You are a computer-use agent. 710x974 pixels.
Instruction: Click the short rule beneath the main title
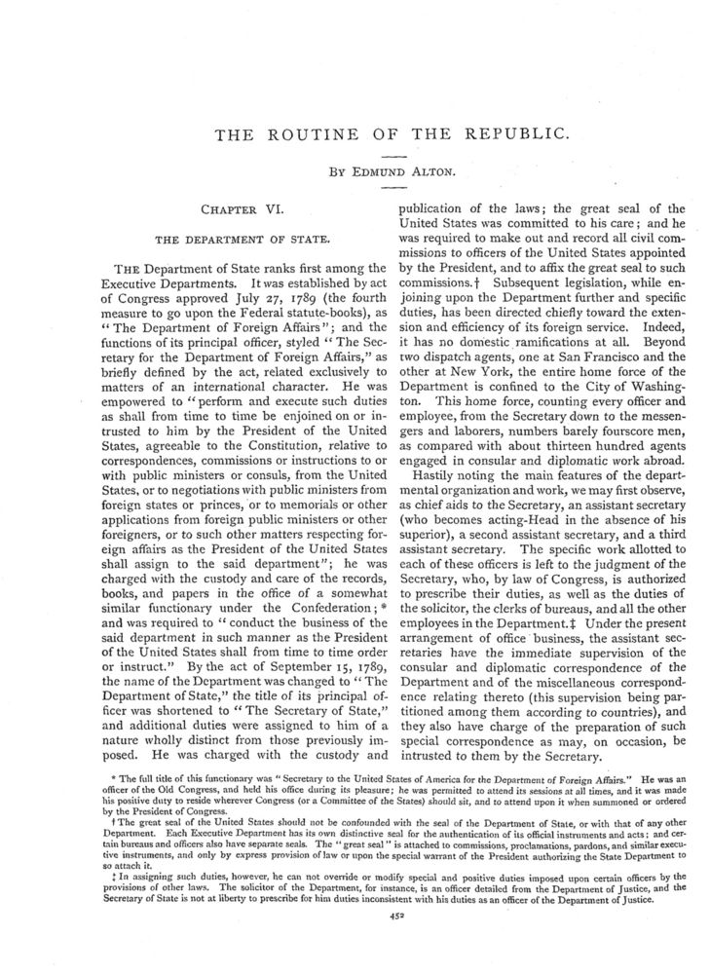coord(393,156)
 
